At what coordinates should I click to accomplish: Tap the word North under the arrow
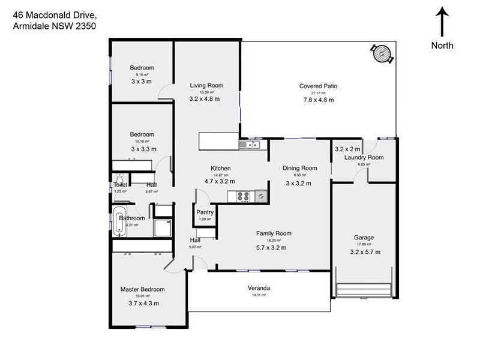click(442, 46)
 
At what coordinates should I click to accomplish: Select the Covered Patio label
click(318, 86)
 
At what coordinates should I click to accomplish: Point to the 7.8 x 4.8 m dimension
click(318, 100)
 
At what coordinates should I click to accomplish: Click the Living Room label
click(206, 85)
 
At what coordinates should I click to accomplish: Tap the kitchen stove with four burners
click(244, 196)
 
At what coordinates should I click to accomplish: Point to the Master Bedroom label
click(142, 289)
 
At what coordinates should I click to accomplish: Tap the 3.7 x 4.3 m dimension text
click(143, 304)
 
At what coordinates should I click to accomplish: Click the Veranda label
click(259, 288)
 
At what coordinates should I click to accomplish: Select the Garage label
click(364, 238)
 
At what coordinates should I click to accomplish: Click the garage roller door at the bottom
click(365, 290)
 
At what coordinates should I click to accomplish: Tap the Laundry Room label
click(364, 158)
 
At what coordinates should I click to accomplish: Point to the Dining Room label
click(299, 169)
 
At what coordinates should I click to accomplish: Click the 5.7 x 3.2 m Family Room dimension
click(271, 247)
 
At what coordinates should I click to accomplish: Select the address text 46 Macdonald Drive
click(50, 14)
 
